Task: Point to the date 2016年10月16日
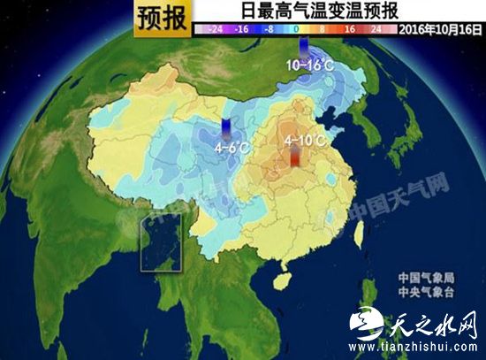click(439, 28)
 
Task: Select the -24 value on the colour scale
click(211, 28)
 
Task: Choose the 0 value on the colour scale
click(296, 28)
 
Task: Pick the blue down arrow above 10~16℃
click(306, 48)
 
